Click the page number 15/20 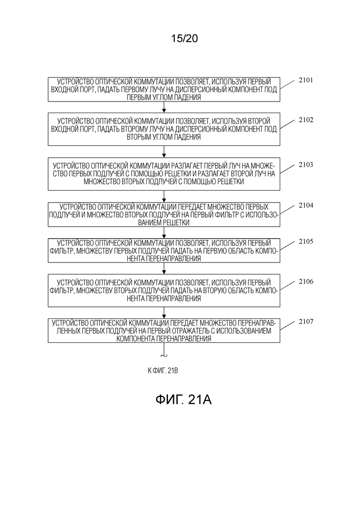click(x=184, y=38)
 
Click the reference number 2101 click(x=306, y=80)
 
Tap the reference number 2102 click(x=306, y=120)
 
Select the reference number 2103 click(x=306, y=165)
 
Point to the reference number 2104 click(x=306, y=205)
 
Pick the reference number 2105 click(x=306, y=241)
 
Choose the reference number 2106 click(x=306, y=282)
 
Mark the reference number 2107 click(x=306, y=322)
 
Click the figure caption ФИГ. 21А click(x=183, y=400)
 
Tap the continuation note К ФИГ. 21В click(x=162, y=371)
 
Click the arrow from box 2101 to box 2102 click(x=164, y=107)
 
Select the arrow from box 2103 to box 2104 click(x=164, y=197)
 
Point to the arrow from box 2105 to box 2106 click(x=164, y=269)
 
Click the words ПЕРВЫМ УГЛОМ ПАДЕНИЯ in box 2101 click(x=163, y=97)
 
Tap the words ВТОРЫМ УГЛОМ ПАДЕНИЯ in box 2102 click(x=163, y=137)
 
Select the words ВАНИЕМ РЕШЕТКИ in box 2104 click(x=163, y=223)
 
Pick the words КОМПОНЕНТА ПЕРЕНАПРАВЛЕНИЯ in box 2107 click(x=163, y=339)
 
